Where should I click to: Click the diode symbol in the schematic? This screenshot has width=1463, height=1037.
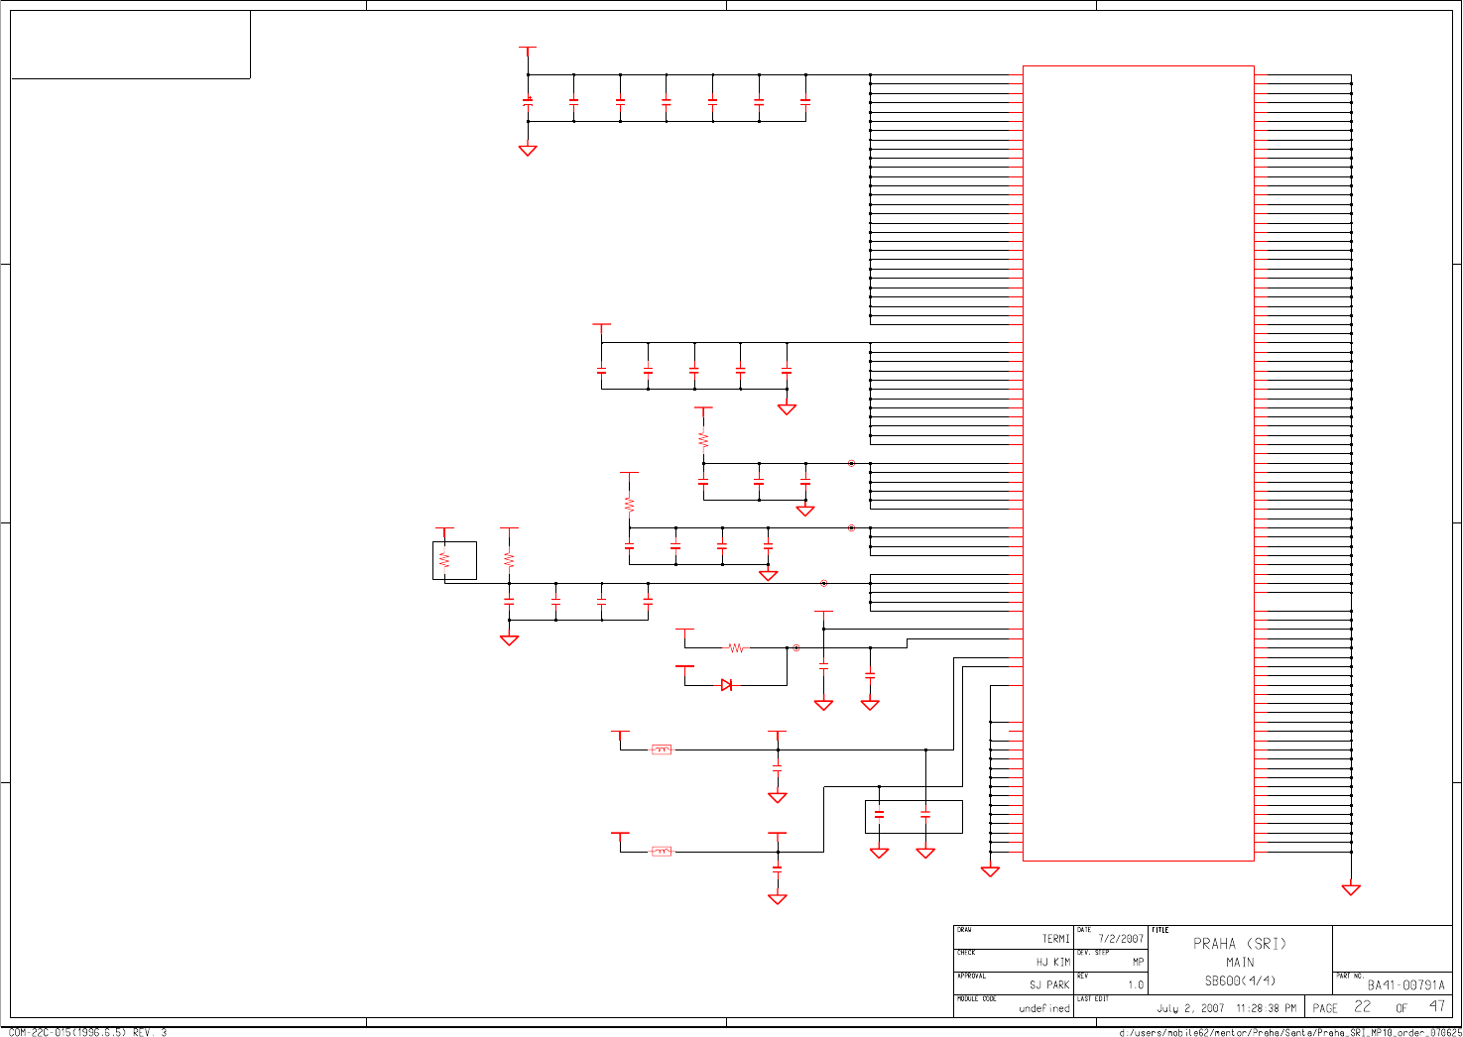(x=726, y=685)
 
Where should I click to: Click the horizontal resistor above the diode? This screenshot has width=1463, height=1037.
(x=736, y=648)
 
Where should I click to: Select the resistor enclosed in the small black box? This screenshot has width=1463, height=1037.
(x=444, y=560)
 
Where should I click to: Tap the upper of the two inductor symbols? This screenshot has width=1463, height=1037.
(x=662, y=749)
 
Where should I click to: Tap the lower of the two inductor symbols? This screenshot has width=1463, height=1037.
(x=662, y=852)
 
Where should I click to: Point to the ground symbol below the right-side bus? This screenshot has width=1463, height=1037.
(x=1351, y=889)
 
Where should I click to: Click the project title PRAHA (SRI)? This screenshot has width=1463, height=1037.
(x=1240, y=944)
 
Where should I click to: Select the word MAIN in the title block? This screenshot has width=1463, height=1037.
(x=1240, y=963)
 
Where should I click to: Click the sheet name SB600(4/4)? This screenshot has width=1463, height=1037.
(x=1240, y=981)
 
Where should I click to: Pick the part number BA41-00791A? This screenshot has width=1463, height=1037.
(x=1405, y=985)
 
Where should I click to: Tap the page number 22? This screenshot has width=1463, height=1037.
(x=1363, y=1007)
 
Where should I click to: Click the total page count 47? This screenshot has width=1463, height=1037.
(x=1436, y=1007)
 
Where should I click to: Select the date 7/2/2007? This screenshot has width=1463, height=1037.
(x=1121, y=939)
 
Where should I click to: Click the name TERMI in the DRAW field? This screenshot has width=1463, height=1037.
(x=1055, y=939)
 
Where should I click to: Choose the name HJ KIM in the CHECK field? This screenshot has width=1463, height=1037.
(x=1052, y=963)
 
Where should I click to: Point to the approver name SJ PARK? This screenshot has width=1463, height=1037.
(x=1049, y=985)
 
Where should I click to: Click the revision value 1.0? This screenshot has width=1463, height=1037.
(x=1136, y=985)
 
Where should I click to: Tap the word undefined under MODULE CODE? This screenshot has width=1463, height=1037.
(x=1044, y=1008)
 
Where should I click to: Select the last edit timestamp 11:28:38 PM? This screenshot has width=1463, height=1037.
(x=1266, y=1008)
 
